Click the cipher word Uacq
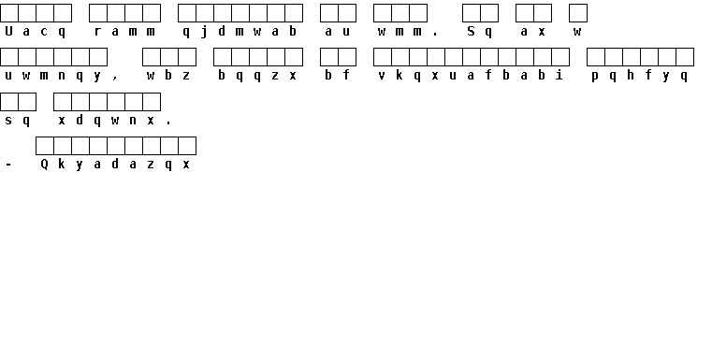35,32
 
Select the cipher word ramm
124,32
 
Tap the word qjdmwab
240,32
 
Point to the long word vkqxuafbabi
471,76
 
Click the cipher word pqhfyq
639,76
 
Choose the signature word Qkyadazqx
115,165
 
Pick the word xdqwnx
107,121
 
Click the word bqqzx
257,76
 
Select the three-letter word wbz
168,76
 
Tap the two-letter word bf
338,76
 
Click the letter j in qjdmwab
204,32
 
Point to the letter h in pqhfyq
631,76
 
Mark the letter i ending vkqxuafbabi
559,76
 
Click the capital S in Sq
471,31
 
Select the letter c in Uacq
44,32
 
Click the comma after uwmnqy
115,79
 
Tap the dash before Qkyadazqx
8,165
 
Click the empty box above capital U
9,13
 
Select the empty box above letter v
383,57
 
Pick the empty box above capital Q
45,146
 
